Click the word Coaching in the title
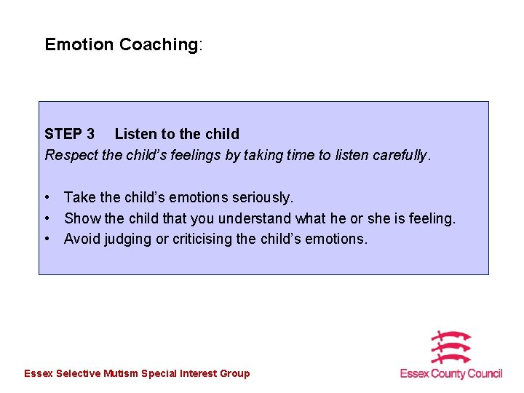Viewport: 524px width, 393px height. (x=158, y=44)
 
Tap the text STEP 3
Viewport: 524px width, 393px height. (x=69, y=134)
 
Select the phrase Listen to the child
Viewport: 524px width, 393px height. (x=177, y=134)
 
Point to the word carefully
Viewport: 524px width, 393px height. (x=401, y=155)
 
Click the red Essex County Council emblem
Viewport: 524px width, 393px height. (x=450, y=348)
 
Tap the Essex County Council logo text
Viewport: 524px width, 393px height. (x=451, y=373)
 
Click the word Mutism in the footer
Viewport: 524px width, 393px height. (x=121, y=373)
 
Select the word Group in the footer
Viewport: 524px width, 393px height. (x=235, y=373)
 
